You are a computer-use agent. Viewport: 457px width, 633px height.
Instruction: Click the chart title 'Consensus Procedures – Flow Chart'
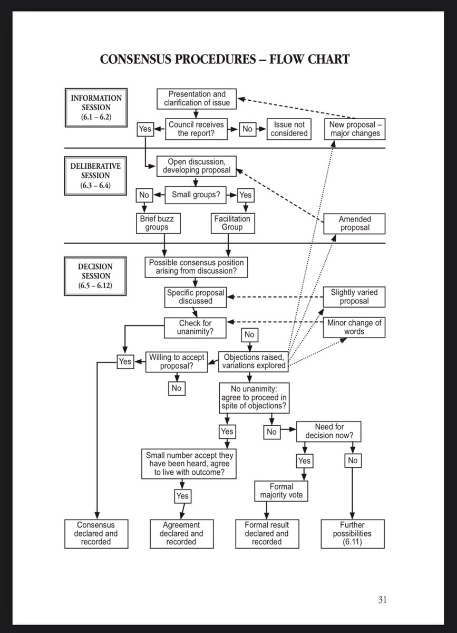click(x=225, y=59)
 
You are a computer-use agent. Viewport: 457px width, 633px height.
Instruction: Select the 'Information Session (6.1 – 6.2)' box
click(x=96, y=107)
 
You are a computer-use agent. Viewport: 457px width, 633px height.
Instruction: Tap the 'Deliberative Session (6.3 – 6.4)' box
click(x=96, y=175)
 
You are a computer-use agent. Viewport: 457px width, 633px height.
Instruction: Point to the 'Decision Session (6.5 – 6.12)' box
click(x=96, y=275)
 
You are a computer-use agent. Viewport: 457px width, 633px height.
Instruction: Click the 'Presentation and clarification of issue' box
click(x=197, y=99)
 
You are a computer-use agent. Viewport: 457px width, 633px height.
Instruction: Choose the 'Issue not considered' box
click(x=289, y=129)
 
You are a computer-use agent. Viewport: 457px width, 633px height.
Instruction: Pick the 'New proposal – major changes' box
click(x=354, y=129)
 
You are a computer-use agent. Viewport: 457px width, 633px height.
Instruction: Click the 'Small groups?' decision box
click(x=196, y=195)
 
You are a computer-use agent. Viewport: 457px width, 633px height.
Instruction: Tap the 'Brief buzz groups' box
click(x=158, y=223)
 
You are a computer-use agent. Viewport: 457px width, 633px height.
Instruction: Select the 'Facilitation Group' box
click(x=232, y=223)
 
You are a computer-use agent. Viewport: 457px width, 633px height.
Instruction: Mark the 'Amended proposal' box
click(x=354, y=223)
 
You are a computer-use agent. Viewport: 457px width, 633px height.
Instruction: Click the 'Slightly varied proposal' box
click(x=354, y=296)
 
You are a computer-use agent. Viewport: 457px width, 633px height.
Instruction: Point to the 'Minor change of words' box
click(x=354, y=327)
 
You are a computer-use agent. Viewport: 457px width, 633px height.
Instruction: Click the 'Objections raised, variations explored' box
click(x=254, y=361)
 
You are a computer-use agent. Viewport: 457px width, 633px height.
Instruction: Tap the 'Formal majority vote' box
click(x=281, y=491)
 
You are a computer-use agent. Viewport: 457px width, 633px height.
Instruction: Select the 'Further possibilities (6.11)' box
click(x=352, y=533)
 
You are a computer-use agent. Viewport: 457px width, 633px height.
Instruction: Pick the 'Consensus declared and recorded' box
click(x=96, y=533)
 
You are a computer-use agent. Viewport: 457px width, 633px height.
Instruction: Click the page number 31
click(x=383, y=599)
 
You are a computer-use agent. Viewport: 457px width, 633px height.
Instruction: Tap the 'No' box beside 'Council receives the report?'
click(x=247, y=129)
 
